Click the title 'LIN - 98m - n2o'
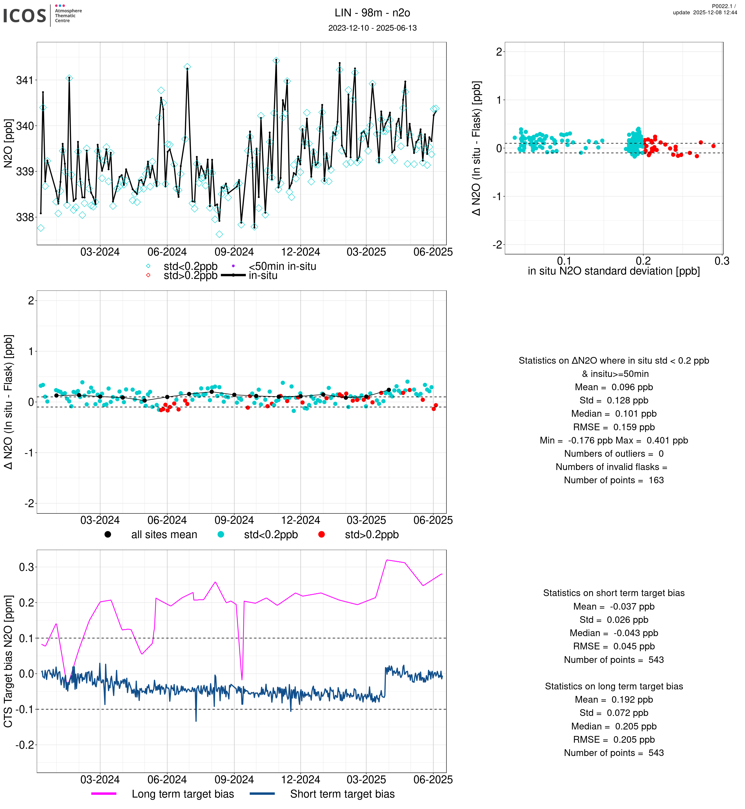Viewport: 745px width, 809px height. [x=372, y=13]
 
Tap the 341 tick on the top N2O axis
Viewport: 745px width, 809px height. [x=25, y=80]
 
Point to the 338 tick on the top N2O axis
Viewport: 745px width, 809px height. [x=25, y=217]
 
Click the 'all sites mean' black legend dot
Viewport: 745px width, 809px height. [x=108, y=534]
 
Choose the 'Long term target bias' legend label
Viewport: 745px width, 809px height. [x=183, y=794]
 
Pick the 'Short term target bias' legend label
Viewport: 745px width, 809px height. [x=342, y=794]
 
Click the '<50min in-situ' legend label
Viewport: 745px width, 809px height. [x=282, y=266]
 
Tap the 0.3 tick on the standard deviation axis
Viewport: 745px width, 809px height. [x=722, y=261]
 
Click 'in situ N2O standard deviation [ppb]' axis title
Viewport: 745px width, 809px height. [x=614, y=271]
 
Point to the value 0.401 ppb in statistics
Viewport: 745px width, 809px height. [x=667, y=441]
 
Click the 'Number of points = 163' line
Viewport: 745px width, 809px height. [x=614, y=480]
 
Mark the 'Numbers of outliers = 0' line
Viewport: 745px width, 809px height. [x=614, y=454]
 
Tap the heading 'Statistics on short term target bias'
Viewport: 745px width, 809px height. [x=614, y=593]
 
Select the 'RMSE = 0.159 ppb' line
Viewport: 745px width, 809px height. [x=614, y=427]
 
